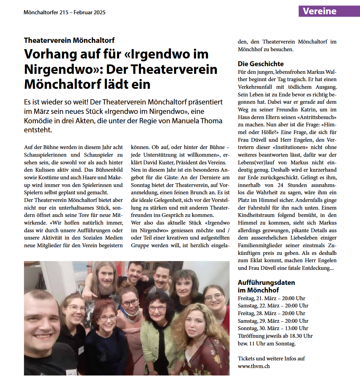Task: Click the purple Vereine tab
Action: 319,11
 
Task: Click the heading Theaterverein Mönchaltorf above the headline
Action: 69,40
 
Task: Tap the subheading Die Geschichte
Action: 260,64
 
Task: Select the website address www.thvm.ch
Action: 253,366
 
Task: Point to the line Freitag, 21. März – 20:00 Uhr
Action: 272,298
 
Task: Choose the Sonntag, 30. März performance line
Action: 273,328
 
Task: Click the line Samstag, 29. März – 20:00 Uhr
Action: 273,321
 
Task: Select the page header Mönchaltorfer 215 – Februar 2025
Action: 64,13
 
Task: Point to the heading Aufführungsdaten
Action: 266,282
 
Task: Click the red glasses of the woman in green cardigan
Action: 157,309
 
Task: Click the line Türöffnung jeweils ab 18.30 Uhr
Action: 275,336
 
